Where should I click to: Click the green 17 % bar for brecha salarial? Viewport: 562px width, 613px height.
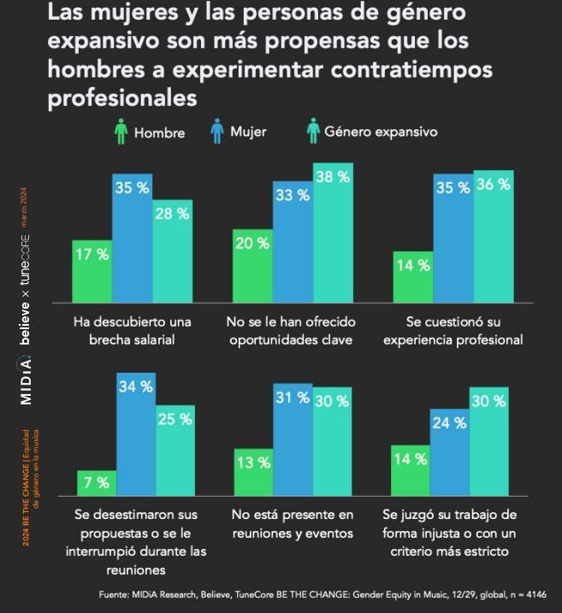(92, 271)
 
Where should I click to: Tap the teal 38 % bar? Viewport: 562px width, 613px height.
(333, 233)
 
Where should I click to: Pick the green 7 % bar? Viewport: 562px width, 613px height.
(97, 483)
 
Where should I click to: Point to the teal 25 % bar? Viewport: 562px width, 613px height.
(175, 451)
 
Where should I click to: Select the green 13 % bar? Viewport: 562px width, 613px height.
(253, 472)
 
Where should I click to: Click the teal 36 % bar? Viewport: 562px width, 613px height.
(494, 236)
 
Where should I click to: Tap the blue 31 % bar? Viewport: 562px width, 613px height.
(293, 439)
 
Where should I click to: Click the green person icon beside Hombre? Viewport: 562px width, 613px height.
(121, 133)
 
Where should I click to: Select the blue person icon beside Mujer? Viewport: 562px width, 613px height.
(217, 132)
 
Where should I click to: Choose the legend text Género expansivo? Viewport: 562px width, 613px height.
(381, 132)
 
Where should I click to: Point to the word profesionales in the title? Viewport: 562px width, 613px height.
(122, 98)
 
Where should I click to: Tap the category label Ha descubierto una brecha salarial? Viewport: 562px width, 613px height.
(132, 330)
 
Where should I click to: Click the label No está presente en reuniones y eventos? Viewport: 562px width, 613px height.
(293, 523)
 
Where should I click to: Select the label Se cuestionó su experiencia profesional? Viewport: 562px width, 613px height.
(453, 330)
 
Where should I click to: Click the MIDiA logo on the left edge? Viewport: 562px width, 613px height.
(27, 380)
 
